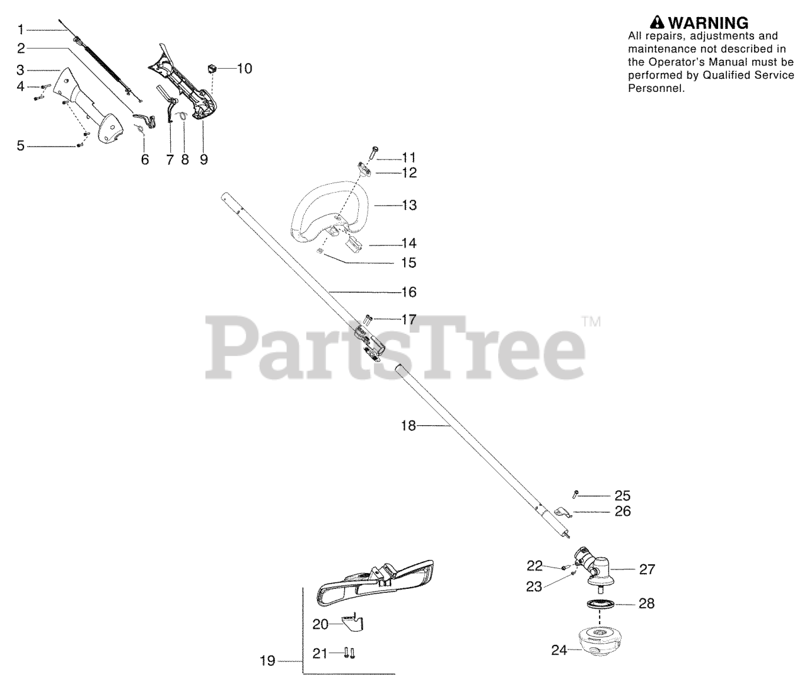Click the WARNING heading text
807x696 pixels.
[x=708, y=23]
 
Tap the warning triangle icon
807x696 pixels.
[x=658, y=23]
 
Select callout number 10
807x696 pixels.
[x=244, y=68]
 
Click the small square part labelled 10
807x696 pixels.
[x=212, y=67]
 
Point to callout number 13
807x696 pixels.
[x=409, y=205]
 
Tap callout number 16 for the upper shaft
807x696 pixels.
[x=409, y=292]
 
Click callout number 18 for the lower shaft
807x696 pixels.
[x=409, y=426]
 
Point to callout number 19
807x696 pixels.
[x=267, y=661]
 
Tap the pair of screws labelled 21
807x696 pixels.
[x=349, y=653]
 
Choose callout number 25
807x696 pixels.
[x=622, y=496]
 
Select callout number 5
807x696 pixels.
[x=21, y=146]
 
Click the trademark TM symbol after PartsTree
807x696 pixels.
[x=591, y=322]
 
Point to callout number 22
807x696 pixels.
[x=535, y=566]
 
